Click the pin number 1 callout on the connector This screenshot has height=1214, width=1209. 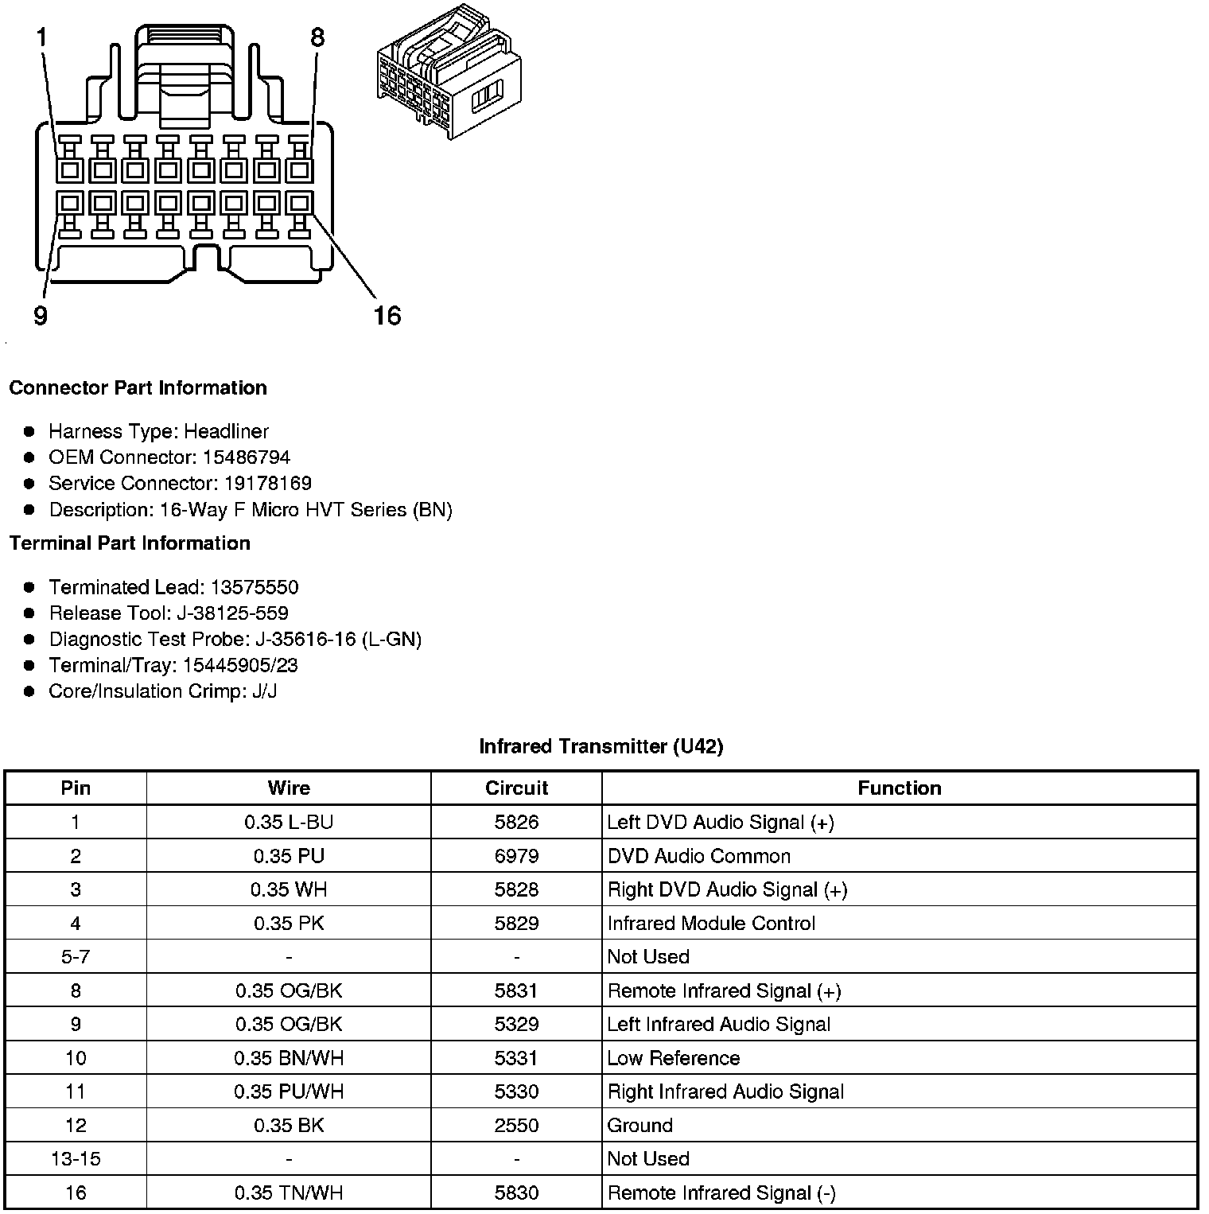point(41,37)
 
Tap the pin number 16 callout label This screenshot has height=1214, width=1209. point(387,316)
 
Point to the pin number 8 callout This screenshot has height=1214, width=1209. point(317,37)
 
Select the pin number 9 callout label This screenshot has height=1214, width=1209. point(41,316)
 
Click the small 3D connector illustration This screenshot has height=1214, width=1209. point(451,72)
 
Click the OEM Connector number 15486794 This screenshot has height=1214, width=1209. point(247,457)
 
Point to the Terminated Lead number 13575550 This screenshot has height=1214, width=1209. point(254,588)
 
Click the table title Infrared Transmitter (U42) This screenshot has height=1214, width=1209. point(601,746)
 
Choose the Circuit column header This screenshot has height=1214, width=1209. point(516,788)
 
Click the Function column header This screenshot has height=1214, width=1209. point(899,788)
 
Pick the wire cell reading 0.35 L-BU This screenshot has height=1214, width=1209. point(289,823)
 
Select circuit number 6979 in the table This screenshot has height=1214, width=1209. point(516,857)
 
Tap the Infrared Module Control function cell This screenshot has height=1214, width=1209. point(711,924)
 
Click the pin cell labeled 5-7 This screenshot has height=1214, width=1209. point(76,957)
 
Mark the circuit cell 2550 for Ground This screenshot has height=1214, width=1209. point(516,1126)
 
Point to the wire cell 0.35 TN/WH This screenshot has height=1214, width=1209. point(289,1193)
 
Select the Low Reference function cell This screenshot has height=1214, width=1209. point(673,1058)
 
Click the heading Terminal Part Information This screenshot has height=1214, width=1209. point(130,543)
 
